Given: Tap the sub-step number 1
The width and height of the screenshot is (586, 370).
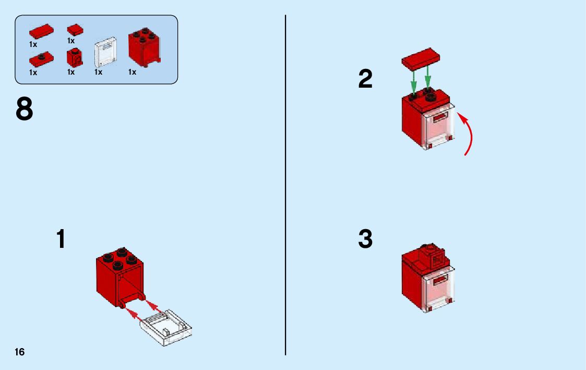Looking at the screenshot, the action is tap(61, 238).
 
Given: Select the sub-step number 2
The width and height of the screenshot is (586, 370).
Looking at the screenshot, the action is tap(365, 79).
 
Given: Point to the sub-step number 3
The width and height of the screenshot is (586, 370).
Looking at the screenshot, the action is tap(365, 240).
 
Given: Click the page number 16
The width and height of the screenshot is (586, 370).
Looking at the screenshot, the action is tap(19, 352).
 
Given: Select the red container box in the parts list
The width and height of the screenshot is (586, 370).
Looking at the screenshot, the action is tap(144, 47).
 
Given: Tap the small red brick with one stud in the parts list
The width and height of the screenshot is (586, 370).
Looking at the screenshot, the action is tap(74, 57).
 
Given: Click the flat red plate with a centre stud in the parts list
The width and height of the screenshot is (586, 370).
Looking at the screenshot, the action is tap(41, 58).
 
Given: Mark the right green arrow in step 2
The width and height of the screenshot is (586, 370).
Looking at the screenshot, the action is tap(428, 79).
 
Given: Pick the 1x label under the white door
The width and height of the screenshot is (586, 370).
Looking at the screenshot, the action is tap(98, 73).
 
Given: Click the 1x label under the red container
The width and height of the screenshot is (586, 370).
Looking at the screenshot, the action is tap(132, 73).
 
